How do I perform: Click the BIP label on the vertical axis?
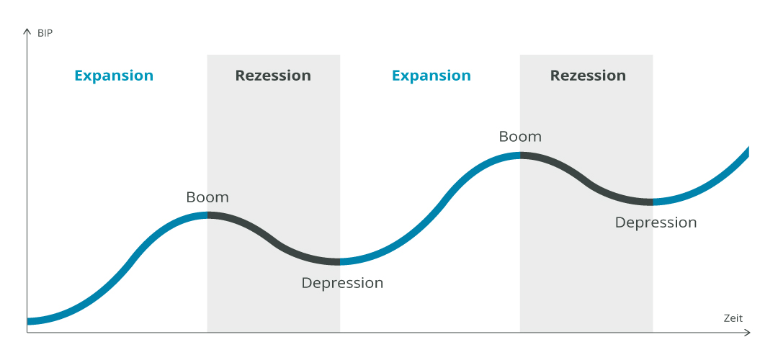[45, 34]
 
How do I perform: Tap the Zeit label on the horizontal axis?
[733, 318]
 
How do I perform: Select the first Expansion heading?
[114, 76]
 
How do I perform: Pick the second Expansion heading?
[432, 76]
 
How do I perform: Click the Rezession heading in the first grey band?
[273, 76]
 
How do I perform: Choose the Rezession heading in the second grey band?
[588, 76]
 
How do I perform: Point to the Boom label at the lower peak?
[207, 197]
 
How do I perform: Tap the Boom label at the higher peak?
[520, 136]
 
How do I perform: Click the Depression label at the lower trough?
[342, 283]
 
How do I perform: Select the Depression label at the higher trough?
[656, 222]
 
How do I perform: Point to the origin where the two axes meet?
[27, 332]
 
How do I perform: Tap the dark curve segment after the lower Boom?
[275, 243]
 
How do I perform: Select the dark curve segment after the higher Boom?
[588, 181]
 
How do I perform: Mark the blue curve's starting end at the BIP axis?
[28, 321]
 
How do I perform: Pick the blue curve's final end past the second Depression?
[747, 150]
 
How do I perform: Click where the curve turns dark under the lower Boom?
[207, 215]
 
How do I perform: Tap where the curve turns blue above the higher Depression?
[653, 202]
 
